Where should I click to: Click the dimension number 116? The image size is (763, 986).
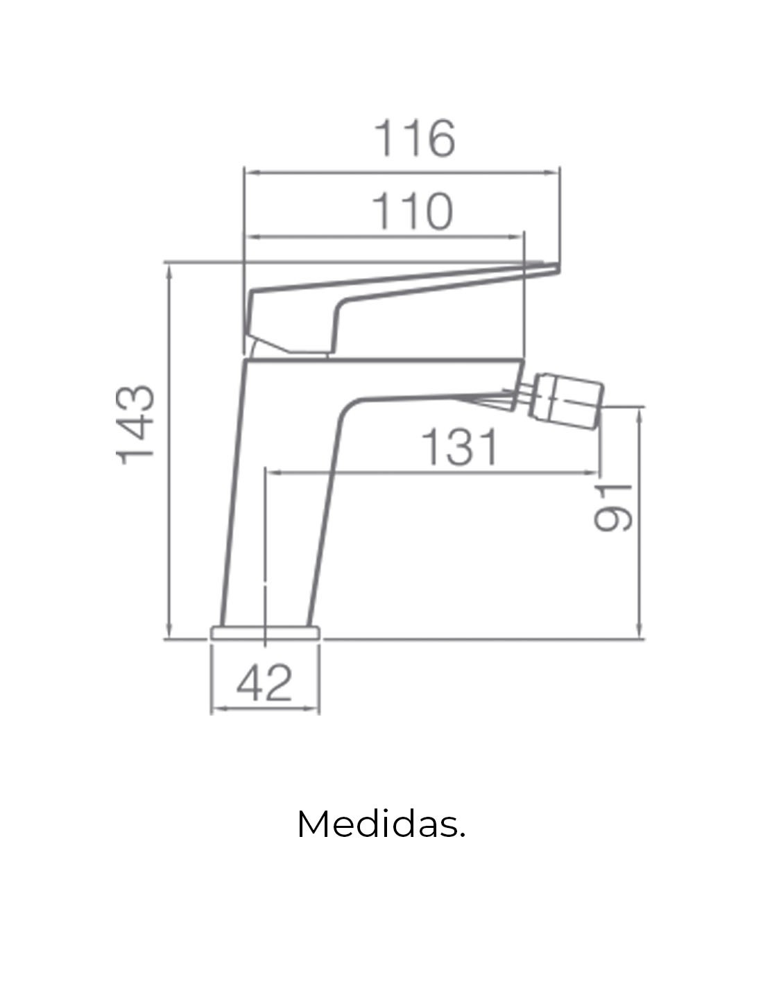413,139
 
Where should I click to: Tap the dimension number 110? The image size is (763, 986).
412,211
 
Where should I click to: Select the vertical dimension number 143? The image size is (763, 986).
135,425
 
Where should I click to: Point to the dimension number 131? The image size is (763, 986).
459,447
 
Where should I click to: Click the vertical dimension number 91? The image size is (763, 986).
612,508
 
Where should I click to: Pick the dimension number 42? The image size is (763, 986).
264,683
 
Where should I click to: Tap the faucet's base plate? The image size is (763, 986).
265,633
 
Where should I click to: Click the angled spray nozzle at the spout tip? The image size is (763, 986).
567,401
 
